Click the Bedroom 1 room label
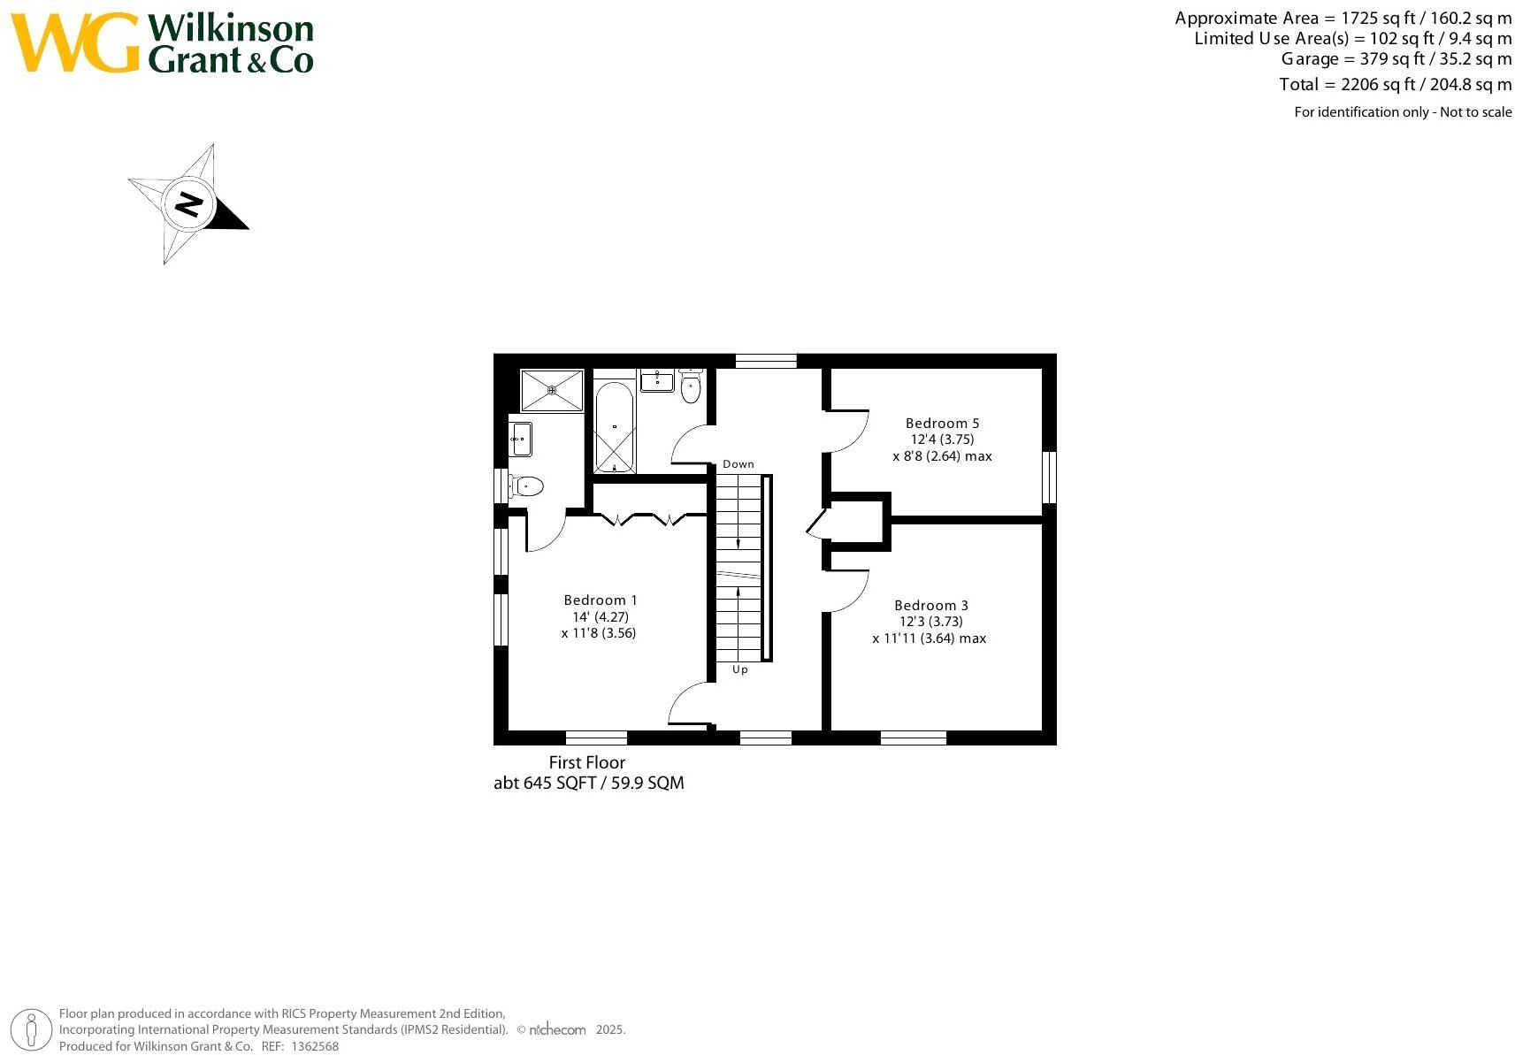point(601,600)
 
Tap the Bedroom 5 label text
point(942,424)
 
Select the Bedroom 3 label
point(930,606)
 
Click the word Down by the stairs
point(738,464)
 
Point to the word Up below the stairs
point(740,669)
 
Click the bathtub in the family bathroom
point(614,426)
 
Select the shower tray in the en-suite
point(552,390)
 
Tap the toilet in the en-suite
point(526,485)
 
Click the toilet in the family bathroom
point(691,386)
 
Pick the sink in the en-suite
point(520,439)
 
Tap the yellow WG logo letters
point(75,43)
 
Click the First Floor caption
point(586,762)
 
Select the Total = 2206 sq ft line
point(1395,85)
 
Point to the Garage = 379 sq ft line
point(1396,59)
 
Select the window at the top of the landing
point(766,360)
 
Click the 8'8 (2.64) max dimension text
point(942,457)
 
